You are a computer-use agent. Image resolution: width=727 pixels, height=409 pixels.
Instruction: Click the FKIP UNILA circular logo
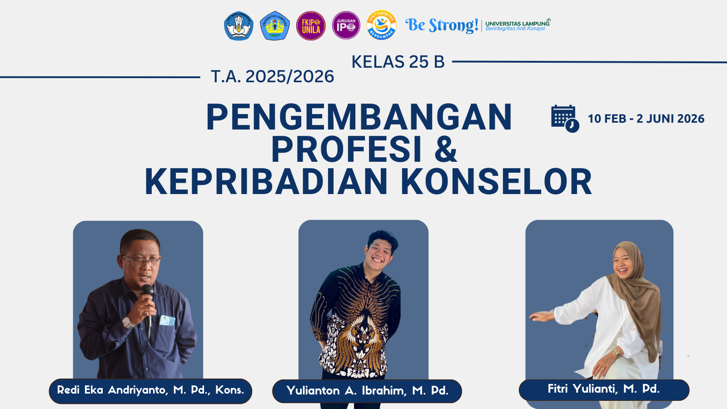311,26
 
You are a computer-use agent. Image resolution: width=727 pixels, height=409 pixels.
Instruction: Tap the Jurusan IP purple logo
346,25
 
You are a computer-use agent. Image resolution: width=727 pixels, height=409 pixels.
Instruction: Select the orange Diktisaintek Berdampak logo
381,25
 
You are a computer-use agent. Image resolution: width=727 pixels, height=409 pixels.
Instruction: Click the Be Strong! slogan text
441,25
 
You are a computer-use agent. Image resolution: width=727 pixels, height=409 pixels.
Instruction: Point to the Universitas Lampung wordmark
517,25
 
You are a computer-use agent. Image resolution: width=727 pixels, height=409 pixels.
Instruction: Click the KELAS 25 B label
398,62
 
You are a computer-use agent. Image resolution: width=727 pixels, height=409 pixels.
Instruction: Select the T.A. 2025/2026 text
272,76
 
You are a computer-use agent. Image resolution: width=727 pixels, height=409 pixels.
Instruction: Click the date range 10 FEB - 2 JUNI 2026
646,119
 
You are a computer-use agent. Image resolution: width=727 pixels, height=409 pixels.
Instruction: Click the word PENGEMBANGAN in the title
359,117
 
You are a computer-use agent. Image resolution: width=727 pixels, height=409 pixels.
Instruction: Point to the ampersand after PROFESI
445,150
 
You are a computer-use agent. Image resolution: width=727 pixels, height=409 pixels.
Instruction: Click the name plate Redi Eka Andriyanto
150,390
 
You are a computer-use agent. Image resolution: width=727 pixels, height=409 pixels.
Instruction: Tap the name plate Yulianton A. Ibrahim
367,391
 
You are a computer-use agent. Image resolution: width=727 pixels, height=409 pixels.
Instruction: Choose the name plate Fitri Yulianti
603,389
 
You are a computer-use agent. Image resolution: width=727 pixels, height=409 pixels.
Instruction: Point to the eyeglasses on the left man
141,261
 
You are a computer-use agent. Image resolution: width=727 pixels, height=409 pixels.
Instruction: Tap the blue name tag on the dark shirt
167,320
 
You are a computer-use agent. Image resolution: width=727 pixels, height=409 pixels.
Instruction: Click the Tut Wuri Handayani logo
239,26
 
